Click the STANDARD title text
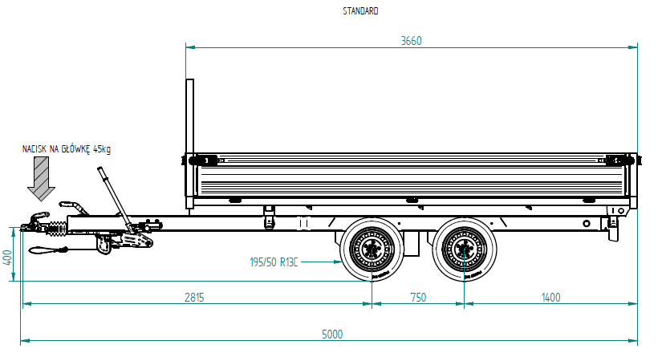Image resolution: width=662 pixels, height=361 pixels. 360,11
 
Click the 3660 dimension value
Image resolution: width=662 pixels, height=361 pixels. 411,41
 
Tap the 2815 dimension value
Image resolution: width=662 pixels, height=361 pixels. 194,297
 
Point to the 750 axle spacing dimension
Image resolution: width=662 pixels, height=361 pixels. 418,297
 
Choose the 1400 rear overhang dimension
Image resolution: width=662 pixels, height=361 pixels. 550,297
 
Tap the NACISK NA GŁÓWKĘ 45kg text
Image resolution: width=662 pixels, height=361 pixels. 67,149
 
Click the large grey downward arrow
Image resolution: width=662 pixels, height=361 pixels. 39,178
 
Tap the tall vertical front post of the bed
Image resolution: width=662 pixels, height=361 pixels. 190,144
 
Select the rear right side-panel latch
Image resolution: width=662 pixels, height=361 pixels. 618,159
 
